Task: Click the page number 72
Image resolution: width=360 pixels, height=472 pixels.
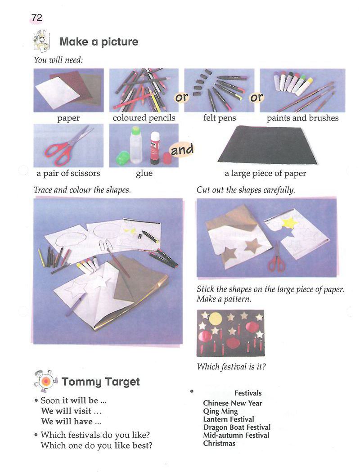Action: pyautogui.click(x=37, y=18)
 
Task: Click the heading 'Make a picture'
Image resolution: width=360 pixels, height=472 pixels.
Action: pyautogui.click(x=99, y=41)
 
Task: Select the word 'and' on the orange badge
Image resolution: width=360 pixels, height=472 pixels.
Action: pyautogui.click(x=182, y=149)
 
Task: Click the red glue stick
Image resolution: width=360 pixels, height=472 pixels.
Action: pyautogui.click(x=155, y=148)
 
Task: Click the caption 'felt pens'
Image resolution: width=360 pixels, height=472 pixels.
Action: pyautogui.click(x=220, y=118)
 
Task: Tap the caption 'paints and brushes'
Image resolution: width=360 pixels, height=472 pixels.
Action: pyautogui.click(x=302, y=118)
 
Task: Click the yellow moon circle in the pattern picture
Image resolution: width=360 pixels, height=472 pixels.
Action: pyautogui.click(x=215, y=319)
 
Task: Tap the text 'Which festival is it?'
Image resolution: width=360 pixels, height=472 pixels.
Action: pyautogui.click(x=231, y=367)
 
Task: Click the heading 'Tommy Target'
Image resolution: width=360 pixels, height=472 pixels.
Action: pyautogui.click(x=100, y=382)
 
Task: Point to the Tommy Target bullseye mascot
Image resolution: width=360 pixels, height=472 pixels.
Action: pyautogui.click(x=46, y=381)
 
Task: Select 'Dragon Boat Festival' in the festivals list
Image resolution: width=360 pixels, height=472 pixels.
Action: pyautogui.click(x=237, y=427)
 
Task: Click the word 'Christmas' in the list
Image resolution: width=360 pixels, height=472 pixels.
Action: pyautogui.click(x=219, y=443)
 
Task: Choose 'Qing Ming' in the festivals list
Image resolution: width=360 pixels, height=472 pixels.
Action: pyautogui.click(x=220, y=411)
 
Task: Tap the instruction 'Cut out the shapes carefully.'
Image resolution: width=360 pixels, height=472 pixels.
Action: pyautogui.click(x=246, y=190)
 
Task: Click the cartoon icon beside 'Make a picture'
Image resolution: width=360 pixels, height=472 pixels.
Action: pyautogui.click(x=41, y=40)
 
